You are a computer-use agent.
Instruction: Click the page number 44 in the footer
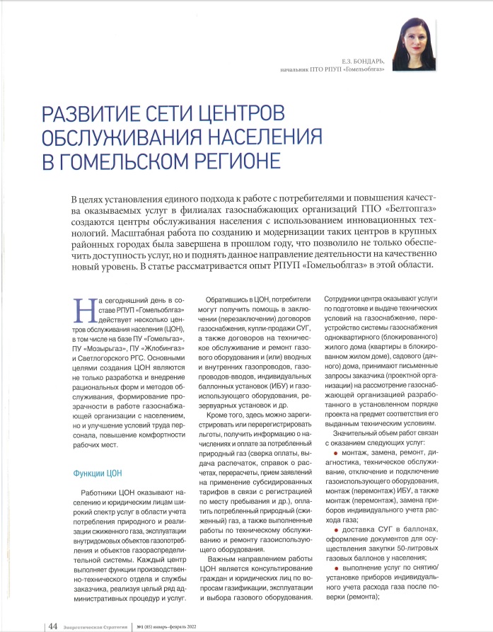click(x=52, y=625)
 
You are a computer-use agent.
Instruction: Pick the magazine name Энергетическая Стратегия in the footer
click(x=96, y=626)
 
